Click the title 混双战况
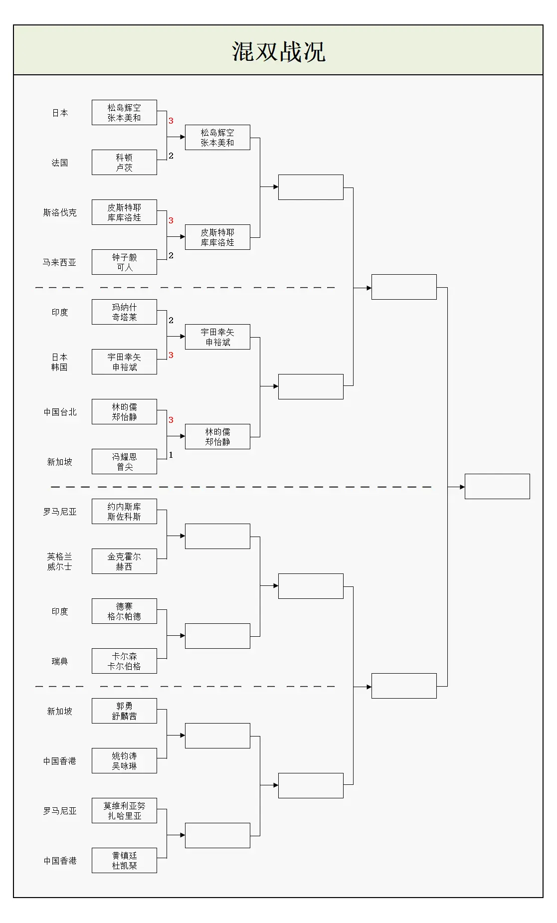[x=278, y=51]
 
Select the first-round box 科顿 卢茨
[x=124, y=163]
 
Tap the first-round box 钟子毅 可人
[x=124, y=262]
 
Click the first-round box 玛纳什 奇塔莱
[x=124, y=312]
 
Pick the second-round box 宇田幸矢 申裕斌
[x=217, y=337]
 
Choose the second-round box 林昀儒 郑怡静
[x=217, y=437]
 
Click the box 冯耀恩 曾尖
[x=124, y=462]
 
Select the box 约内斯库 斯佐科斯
[x=124, y=512]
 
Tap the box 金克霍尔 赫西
[x=124, y=561]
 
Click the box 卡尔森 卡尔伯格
[x=124, y=661]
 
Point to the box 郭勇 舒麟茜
[x=124, y=711]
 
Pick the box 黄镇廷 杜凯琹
[x=124, y=861]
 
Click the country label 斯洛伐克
[x=60, y=213]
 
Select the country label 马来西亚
[x=59, y=263]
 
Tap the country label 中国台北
[x=60, y=412]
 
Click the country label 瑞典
[x=59, y=662]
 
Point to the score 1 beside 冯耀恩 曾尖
[x=171, y=455]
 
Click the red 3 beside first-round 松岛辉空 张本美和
[x=171, y=121]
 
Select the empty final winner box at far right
[x=497, y=487]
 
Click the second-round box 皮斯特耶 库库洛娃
[x=217, y=237]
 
